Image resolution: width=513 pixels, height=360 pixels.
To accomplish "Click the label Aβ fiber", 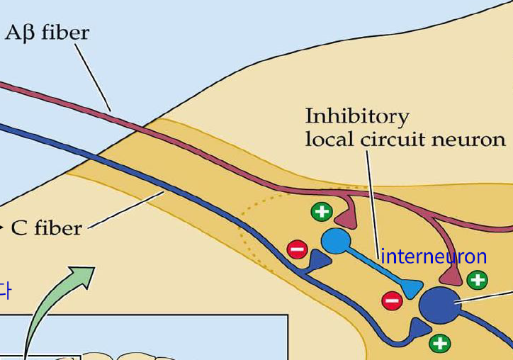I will coord(47,33).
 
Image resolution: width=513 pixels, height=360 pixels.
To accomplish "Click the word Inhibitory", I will coord(356,116).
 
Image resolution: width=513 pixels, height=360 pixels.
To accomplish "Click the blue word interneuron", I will coord(434,256).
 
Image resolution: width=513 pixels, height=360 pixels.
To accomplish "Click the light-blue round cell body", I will coord(334,242).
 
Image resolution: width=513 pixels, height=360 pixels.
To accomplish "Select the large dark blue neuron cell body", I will coord(439,305).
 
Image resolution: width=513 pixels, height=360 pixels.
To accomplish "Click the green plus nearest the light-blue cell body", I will coord(321,211).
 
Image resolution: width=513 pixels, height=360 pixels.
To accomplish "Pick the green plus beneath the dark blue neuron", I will coord(440,344).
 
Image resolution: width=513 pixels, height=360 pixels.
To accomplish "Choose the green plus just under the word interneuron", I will coord(478,280).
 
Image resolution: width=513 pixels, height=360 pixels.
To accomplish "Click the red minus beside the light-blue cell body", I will coord(297,249).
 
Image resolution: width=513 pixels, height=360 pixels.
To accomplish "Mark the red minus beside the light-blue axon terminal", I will coord(391,300).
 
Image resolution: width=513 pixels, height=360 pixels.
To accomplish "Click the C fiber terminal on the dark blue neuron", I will coord(420,328).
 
